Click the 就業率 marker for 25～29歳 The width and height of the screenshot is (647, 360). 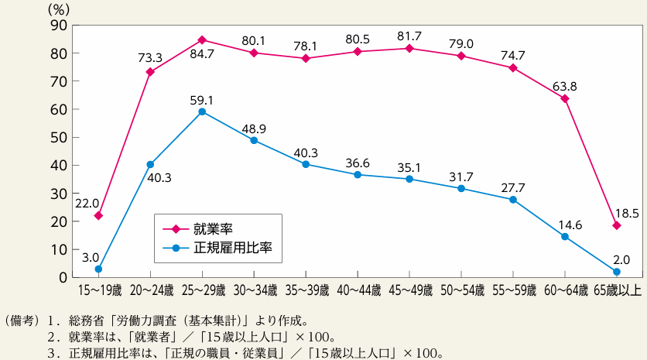point(202,39)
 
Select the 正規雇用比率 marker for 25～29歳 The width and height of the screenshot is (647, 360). point(202,111)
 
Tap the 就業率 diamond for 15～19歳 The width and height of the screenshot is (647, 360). point(98,215)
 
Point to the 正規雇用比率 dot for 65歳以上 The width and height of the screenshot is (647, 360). point(617,272)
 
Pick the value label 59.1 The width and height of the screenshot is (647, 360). point(202,98)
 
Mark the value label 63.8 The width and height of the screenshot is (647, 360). point(565,85)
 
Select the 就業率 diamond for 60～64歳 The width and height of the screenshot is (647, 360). point(565,98)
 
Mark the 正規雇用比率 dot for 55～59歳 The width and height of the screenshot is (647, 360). point(513,200)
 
